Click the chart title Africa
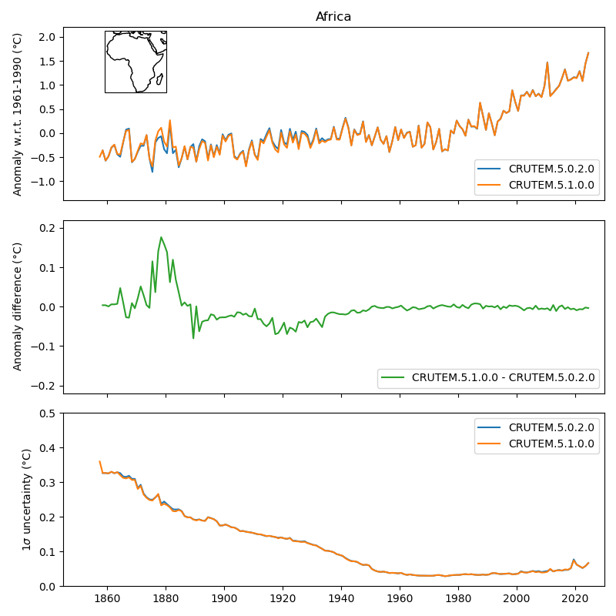coord(333,17)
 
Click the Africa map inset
coord(136,62)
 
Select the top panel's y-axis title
coord(18,114)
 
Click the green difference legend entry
coord(503,377)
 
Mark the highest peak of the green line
coord(161,237)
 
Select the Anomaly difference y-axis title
coord(18,306)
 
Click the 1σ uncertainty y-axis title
coord(26,499)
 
